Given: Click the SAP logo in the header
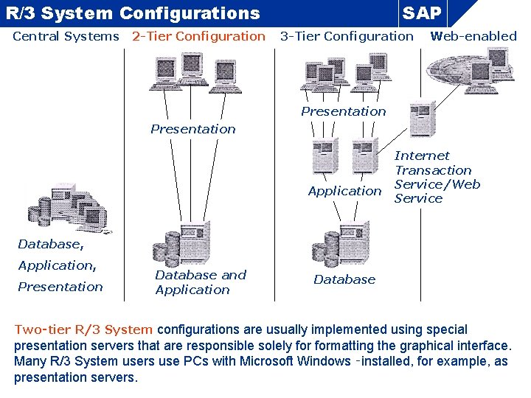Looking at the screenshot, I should point(423,13).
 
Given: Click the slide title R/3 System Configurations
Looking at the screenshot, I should point(133,13).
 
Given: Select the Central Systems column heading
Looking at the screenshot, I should point(66,36).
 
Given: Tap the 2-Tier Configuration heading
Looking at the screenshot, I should point(198,36).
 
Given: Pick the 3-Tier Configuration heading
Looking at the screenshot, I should point(347,36).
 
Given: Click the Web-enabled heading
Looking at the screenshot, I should point(473,36).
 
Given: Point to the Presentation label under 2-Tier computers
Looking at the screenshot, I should point(193,129).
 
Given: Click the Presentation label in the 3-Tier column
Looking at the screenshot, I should point(343,111).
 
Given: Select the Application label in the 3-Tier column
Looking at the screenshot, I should point(344,191).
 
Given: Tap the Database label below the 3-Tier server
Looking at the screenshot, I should point(344,279).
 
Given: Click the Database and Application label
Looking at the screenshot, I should point(200,282).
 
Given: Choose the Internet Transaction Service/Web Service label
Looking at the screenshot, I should point(437,177).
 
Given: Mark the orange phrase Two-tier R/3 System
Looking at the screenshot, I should point(83,329).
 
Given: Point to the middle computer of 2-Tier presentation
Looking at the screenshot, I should point(192,70).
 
